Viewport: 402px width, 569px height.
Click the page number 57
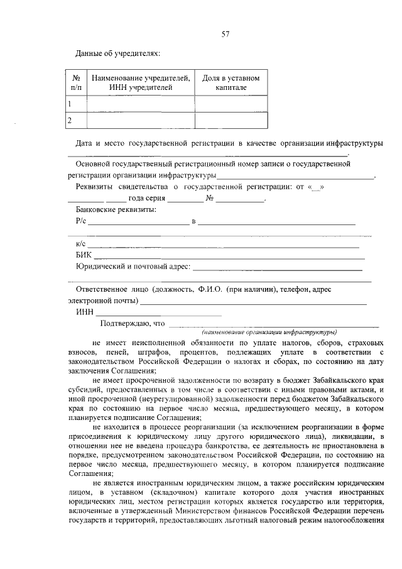tap(225, 35)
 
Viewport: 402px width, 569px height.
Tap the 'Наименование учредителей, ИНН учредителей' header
tap(140, 82)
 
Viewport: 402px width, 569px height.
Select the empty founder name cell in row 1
tap(140, 103)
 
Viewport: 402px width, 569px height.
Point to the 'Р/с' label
tap(80, 221)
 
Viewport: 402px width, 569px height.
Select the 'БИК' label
tap(84, 255)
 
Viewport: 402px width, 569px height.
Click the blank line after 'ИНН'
tap(158, 312)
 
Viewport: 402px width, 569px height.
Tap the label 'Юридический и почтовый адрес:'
tap(133, 267)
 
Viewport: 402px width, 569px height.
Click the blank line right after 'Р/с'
tap(138, 222)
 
